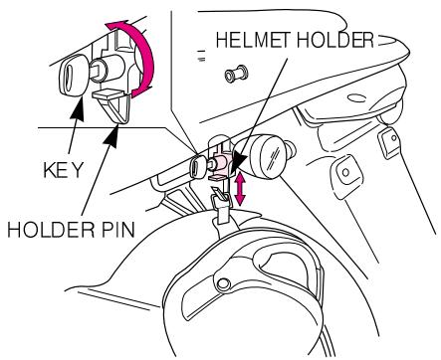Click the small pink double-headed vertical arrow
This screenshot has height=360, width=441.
click(240, 187)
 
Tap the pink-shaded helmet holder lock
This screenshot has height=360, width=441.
click(227, 163)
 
